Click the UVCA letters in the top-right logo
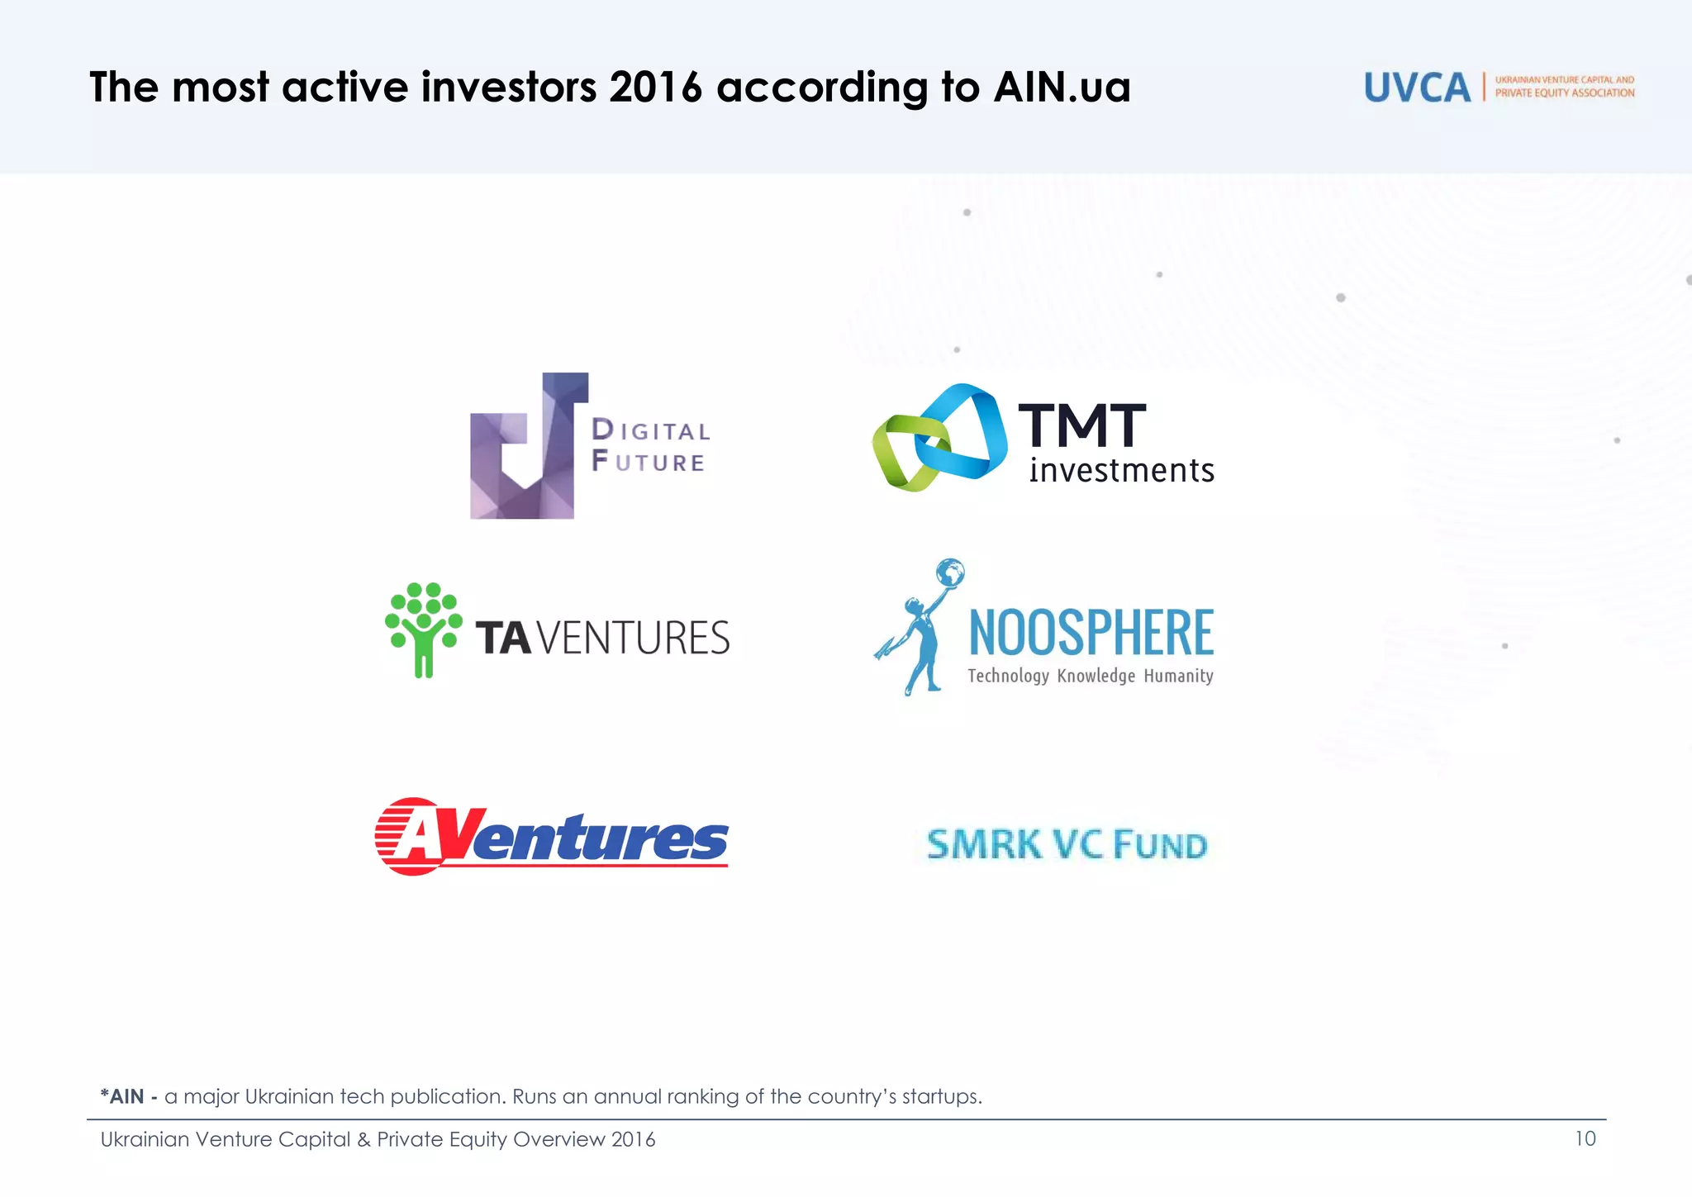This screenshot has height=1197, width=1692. click(1417, 88)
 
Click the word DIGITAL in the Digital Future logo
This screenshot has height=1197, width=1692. click(651, 430)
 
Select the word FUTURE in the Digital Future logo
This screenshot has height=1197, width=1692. click(649, 462)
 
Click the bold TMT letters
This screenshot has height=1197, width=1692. click(1081, 426)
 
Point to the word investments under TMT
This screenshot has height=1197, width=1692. click(1121, 471)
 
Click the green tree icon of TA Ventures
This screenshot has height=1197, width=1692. click(423, 628)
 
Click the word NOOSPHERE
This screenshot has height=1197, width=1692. click(1091, 633)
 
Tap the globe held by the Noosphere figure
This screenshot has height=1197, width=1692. click(950, 572)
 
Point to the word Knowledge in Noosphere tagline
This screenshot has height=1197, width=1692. click(1096, 676)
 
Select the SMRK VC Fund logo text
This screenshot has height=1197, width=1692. click(1067, 845)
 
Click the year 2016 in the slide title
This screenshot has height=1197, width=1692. click(655, 87)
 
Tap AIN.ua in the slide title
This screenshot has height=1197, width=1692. click(1062, 87)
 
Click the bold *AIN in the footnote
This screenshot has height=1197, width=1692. click(121, 1096)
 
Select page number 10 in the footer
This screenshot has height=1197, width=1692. click(1585, 1138)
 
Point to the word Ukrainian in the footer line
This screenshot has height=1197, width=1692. click(145, 1139)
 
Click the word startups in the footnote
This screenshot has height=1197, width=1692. click(940, 1097)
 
